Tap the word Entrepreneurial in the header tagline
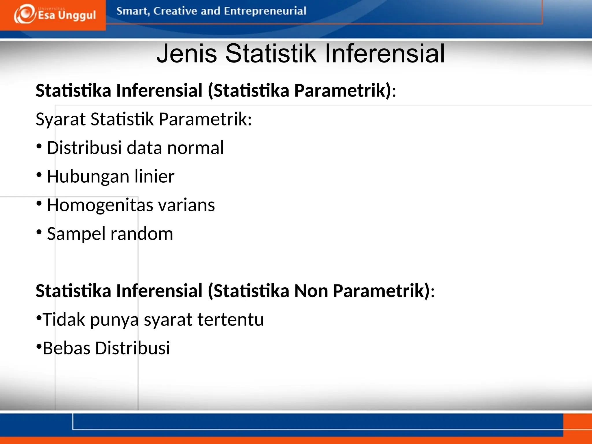click(x=265, y=11)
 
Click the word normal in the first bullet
click(x=195, y=148)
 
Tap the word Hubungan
click(x=88, y=177)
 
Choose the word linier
click(x=154, y=176)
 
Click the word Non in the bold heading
click(x=311, y=291)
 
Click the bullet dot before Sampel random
click(x=39, y=232)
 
